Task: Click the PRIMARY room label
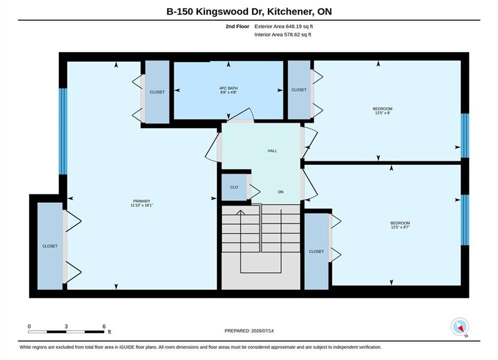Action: [x=142, y=201]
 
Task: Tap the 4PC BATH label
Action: [x=228, y=88]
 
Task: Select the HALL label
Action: [x=272, y=151]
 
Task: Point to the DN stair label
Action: [x=281, y=192]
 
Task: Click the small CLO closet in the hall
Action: [x=234, y=187]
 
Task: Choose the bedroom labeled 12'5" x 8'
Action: [x=382, y=110]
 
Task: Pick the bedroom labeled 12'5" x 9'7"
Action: [x=400, y=225]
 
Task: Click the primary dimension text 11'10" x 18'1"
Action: [x=142, y=205]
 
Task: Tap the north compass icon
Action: [x=459, y=326]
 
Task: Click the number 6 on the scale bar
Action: [x=104, y=326]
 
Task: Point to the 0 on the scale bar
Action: [x=29, y=326]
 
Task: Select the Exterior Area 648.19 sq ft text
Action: [x=284, y=26]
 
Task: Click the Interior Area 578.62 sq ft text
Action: [x=283, y=34]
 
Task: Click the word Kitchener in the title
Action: [x=290, y=11]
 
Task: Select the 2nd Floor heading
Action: [x=237, y=26]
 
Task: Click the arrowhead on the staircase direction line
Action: [x=241, y=212]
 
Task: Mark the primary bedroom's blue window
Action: [x=63, y=131]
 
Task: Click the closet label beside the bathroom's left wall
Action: [x=157, y=92]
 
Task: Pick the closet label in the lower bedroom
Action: [x=316, y=251]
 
